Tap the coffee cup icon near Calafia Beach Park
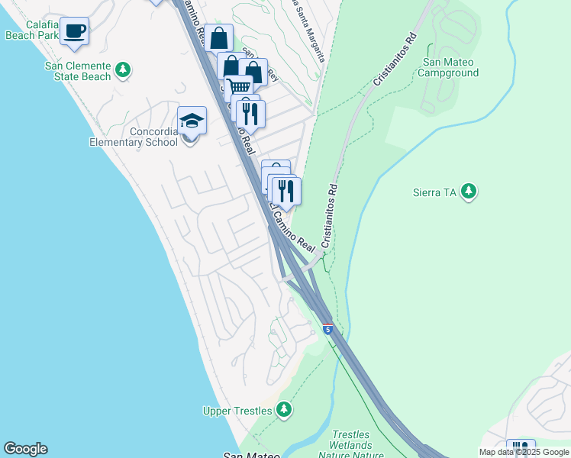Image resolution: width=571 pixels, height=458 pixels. [75, 31]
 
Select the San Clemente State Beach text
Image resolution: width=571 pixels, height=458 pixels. [79, 71]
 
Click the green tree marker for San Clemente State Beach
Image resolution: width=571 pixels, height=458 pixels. [123, 71]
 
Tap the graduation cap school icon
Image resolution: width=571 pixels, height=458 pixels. [192, 121]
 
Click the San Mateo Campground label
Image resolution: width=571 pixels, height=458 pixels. [450, 67]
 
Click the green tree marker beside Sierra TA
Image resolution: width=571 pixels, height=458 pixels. [469, 191]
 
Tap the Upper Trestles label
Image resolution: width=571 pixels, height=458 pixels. [237, 411]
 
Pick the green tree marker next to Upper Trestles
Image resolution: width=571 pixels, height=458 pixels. [283, 410]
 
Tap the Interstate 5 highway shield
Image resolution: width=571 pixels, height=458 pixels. [327, 330]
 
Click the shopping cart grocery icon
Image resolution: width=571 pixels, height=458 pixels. [238, 88]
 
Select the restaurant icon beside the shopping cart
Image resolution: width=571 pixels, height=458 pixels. [250, 113]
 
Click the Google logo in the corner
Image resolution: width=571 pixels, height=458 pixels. [25, 449]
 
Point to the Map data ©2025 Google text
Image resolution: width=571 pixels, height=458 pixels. [523, 452]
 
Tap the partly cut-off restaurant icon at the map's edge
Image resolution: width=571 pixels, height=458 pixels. [521, 448]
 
